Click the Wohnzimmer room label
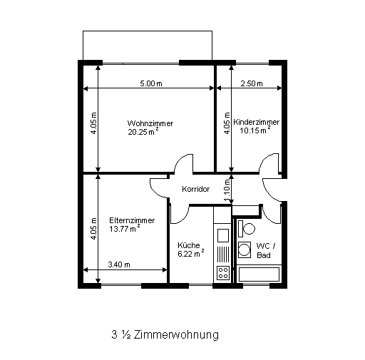pyautogui.click(x=150, y=123)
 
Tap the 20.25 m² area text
pyautogui.click(x=143, y=132)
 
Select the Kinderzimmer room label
pyautogui.click(x=256, y=122)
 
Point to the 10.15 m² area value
pyautogui.click(x=255, y=130)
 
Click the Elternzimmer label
pyautogui.click(x=132, y=220)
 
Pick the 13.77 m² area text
pyautogui.click(x=125, y=229)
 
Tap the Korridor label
pyautogui.click(x=196, y=189)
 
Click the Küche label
pyautogui.click(x=189, y=245)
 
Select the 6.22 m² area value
pyautogui.click(x=191, y=254)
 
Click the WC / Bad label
pyautogui.click(x=266, y=250)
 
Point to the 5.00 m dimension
pyautogui.click(x=151, y=83)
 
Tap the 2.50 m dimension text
pyautogui.click(x=252, y=83)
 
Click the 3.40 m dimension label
pyautogui.click(x=119, y=264)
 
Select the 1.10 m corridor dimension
pyautogui.click(x=227, y=190)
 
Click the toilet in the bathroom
pyautogui.click(x=247, y=229)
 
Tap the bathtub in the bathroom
pyautogui.click(x=259, y=274)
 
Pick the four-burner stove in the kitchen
pyautogui.click(x=223, y=273)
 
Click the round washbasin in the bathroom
pyautogui.click(x=245, y=250)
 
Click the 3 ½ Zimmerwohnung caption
pyautogui.click(x=165, y=335)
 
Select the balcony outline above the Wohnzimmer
pyautogui.click(x=148, y=31)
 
